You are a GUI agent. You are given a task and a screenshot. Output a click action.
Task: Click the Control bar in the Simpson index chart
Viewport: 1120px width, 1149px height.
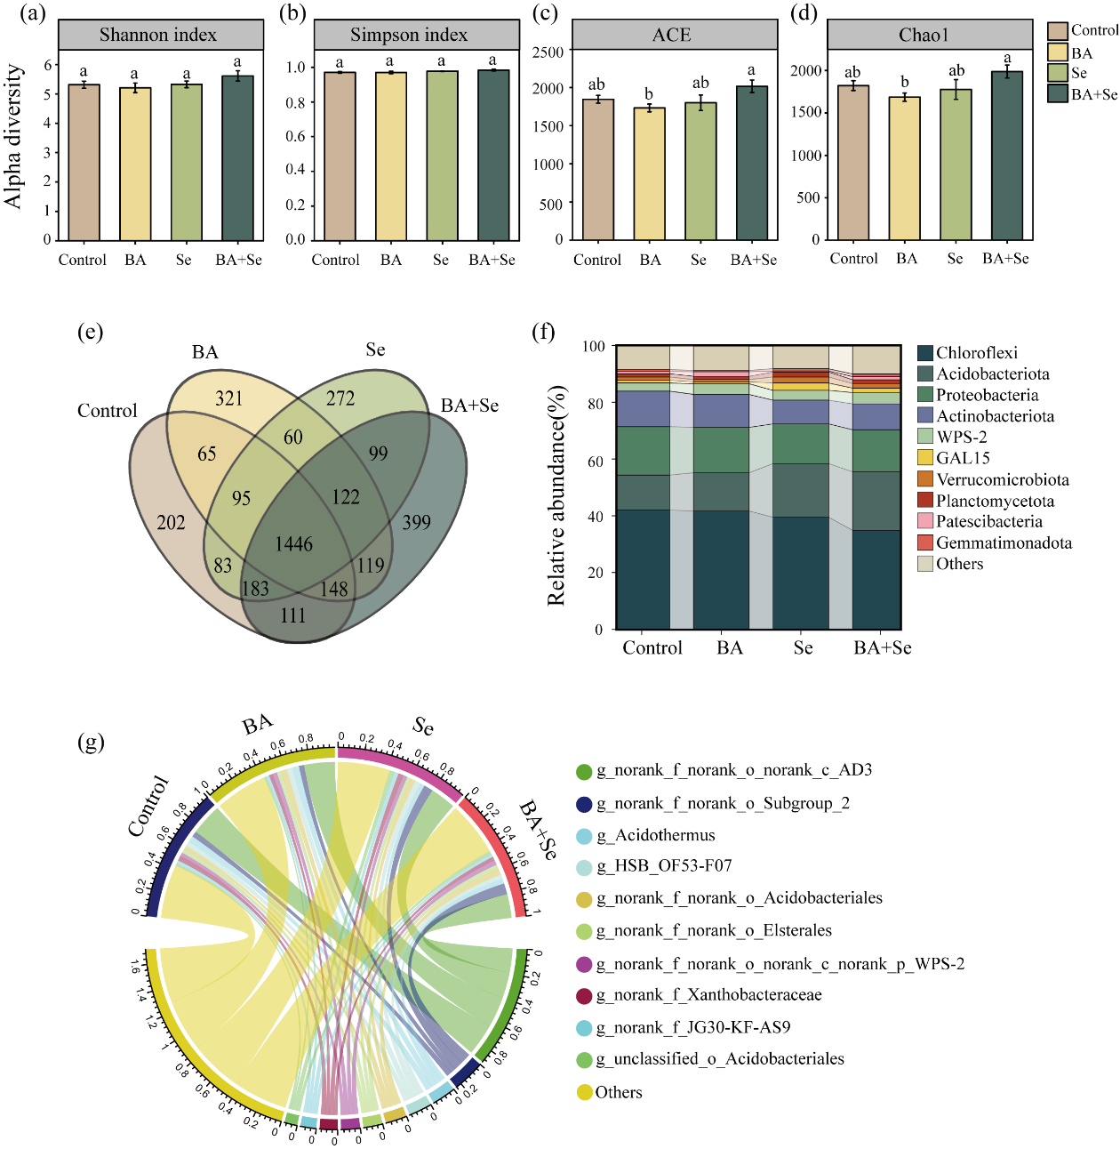click(x=340, y=157)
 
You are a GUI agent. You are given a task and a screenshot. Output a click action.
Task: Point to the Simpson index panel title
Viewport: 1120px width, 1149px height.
click(x=409, y=35)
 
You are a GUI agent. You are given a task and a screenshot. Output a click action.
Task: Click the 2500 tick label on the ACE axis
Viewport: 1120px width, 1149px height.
click(x=548, y=52)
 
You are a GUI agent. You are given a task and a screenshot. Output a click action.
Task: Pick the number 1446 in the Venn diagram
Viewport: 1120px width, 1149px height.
click(x=294, y=544)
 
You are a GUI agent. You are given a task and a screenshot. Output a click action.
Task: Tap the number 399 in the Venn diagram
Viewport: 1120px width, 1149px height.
click(x=416, y=522)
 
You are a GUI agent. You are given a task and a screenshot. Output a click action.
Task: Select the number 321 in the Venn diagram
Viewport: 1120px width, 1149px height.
click(x=228, y=398)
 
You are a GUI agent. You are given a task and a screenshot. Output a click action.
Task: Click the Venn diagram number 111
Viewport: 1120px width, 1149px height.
click(x=292, y=615)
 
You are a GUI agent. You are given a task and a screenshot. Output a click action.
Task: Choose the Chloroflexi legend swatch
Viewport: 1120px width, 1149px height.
click(x=925, y=353)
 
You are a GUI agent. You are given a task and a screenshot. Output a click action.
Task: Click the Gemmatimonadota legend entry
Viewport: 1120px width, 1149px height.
click(x=1004, y=542)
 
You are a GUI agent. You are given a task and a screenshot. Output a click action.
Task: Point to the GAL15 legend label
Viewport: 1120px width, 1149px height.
click(x=963, y=458)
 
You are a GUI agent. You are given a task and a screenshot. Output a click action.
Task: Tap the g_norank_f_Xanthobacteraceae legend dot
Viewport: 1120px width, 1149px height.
click(x=584, y=996)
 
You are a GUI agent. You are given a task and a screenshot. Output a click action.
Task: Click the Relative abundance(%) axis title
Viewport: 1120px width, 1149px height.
click(x=556, y=495)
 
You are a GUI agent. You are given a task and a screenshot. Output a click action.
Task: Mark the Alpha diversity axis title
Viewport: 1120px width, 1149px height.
click(x=12, y=135)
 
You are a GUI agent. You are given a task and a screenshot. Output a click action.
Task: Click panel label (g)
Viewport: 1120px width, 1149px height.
click(x=91, y=741)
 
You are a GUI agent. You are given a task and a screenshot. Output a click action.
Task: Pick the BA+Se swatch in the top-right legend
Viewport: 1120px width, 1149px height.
click(x=1058, y=93)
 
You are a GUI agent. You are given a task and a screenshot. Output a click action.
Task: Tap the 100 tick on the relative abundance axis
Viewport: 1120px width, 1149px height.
click(x=594, y=346)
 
